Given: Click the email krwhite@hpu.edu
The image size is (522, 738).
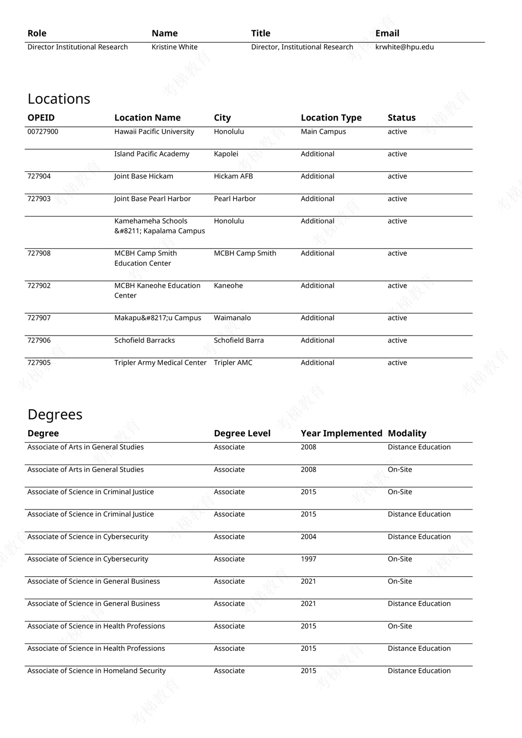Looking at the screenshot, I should tap(404, 47).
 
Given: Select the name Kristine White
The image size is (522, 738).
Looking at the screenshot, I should tap(174, 47).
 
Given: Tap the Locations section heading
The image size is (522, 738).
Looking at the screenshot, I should tap(58, 99).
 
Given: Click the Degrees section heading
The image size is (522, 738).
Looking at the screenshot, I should tap(55, 414).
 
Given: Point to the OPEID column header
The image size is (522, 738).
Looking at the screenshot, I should tap(41, 118).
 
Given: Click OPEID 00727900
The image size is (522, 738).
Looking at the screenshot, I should tap(43, 132).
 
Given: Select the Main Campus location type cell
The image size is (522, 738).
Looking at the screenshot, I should tap(323, 132).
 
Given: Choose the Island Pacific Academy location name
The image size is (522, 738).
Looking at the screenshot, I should tap(151, 154).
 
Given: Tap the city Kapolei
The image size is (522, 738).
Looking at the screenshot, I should tap(226, 154).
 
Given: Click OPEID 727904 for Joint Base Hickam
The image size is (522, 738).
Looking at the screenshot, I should tap(39, 176).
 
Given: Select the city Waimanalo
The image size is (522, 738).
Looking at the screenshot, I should tap(232, 318).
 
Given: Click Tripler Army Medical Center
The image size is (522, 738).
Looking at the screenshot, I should tap(160, 363).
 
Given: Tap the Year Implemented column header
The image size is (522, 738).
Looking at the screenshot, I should tap(341, 433).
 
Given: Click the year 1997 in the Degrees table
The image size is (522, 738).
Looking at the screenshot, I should tap(309, 559).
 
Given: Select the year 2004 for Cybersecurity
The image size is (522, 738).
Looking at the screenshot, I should tap(309, 537).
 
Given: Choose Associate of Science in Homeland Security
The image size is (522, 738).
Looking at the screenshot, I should tap(97, 671).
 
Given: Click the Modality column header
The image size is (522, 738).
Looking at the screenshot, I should tap(407, 433).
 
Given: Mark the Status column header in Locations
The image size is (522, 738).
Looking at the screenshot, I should tap(401, 118).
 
